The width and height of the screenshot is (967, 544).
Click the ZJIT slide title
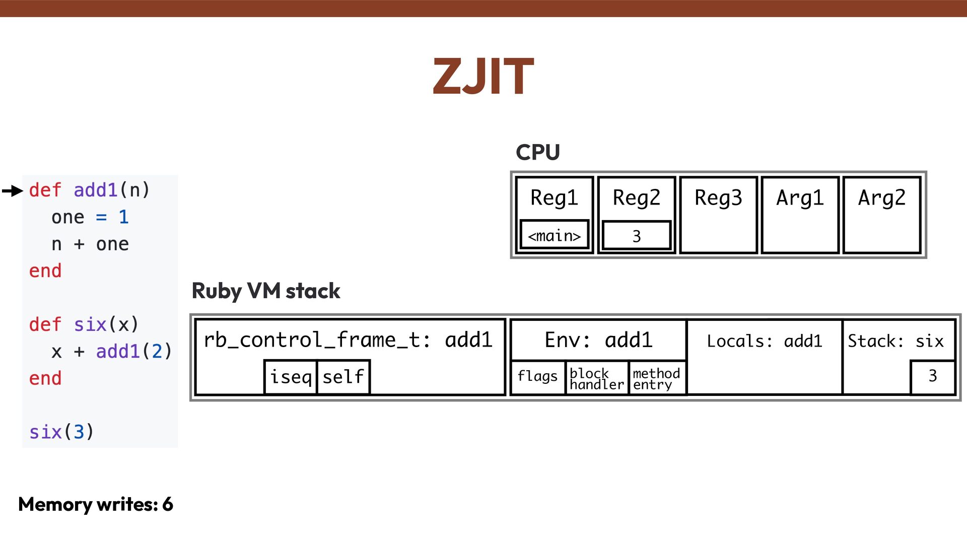[x=483, y=76]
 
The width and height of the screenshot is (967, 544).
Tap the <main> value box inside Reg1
[x=554, y=235]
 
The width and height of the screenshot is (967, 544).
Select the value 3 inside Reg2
[x=636, y=235]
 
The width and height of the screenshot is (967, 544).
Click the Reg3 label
[x=718, y=197]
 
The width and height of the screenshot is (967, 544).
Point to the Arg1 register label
[x=800, y=197]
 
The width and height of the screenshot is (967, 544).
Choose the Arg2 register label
[x=881, y=197]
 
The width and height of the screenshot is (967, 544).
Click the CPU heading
[x=537, y=152]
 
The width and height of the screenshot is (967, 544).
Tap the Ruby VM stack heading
[x=266, y=291]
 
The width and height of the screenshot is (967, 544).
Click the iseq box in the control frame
[x=291, y=377]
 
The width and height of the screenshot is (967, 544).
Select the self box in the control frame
[x=343, y=377]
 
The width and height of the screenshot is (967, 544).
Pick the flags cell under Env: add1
[x=537, y=376]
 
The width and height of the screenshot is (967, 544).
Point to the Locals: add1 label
[x=764, y=341]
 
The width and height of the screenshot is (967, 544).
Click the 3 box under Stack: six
[x=932, y=376]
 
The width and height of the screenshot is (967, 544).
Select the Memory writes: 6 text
[x=96, y=504]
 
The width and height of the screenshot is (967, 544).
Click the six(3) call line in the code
[x=61, y=432]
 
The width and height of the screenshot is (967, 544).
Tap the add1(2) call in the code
[x=134, y=351]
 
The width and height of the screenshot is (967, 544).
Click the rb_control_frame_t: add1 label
[x=348, y=340]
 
